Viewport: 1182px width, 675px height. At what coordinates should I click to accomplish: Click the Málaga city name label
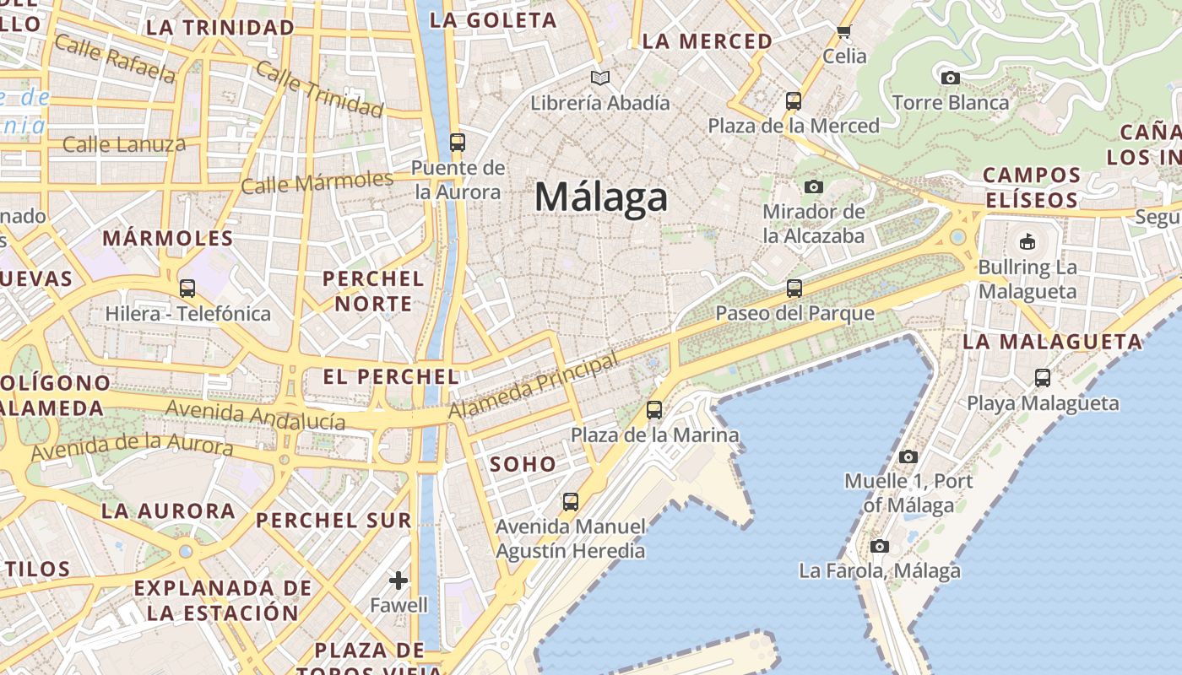[601, 198]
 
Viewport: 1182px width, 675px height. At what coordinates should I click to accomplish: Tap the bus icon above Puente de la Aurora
[458, 142]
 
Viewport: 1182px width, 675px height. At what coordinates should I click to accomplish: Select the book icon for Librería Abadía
[600, 78]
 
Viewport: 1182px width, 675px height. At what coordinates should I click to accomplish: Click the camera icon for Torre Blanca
[950, 78]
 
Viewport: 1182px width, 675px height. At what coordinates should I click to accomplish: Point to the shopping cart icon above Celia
[843, 32]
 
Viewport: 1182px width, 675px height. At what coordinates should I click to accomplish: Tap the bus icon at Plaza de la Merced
[794, 101]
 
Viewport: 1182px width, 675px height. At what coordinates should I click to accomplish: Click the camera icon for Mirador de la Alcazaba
[814, 186]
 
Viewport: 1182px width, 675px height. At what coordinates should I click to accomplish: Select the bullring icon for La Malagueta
[1027, 242]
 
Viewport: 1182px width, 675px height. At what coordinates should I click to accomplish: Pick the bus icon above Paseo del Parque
[794, 289]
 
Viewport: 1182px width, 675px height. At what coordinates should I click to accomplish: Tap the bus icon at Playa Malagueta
[1043, 378]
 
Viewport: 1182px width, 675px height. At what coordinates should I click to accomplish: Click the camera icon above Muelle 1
[908, 457]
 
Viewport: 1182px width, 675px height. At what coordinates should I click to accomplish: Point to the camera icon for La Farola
[880, 547]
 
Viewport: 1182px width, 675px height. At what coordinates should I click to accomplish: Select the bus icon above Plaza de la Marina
[654, 411]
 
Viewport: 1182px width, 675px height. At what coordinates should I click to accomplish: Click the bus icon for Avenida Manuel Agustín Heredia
[571, 502]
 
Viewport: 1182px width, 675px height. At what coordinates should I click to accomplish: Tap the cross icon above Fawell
[399, 580]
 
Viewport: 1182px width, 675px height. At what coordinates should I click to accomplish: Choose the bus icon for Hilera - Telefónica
[187, 289]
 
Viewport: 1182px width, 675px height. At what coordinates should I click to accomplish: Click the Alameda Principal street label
[534, 386]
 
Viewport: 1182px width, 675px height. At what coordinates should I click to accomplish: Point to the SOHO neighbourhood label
[523, 464]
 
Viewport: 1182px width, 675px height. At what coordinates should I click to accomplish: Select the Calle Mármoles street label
[317, 182]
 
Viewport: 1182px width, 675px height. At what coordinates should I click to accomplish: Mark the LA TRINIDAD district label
[220, 28]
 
